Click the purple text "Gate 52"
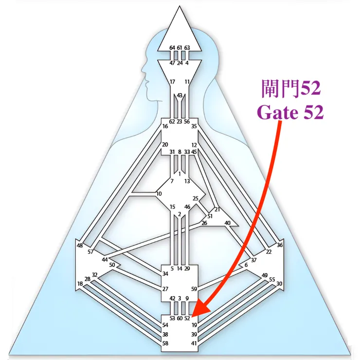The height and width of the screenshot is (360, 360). point(290,112)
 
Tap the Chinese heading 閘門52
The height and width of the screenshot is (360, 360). point(291,88)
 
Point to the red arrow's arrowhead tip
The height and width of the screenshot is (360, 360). point(191,318)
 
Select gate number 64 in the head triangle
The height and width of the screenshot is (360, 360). point(172,48)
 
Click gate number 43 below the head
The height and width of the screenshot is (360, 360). point(180,95)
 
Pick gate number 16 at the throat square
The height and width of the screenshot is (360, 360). point(165,126)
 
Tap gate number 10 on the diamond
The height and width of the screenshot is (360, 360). point(159,194)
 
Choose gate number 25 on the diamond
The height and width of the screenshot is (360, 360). point(196,198)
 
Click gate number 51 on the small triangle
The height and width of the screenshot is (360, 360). point(210,216)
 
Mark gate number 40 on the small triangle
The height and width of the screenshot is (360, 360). point(227,223)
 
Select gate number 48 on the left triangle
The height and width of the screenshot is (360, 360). point(79,246)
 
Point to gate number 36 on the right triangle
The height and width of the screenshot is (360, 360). point(279,245)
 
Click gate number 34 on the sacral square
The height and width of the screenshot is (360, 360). point(165,274)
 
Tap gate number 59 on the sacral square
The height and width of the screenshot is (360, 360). point(194,289)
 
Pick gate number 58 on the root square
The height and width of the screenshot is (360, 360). point(165,343)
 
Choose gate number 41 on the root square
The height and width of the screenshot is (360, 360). point(194,343)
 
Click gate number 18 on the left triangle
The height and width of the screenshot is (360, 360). point(80,284)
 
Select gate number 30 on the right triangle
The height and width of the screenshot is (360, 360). point(279,284)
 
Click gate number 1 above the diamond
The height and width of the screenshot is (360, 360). point(180,174)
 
